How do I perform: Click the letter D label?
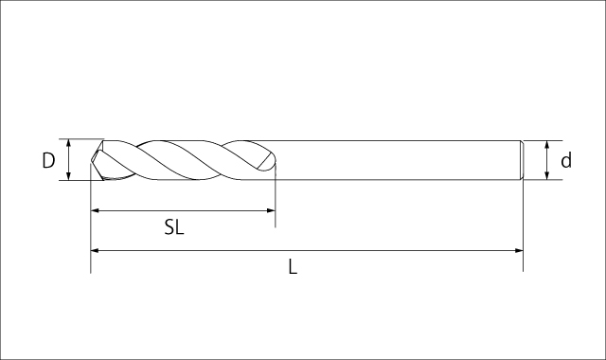pyautogui.click(x=48, y=160)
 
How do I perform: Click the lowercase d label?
pyautogui.click(x=566, y=160)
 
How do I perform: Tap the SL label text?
pyautogui.click(x=174, y=227)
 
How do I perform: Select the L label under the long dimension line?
pyautogui.click(x=293, y=267)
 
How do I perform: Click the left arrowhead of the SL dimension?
pyautogui.click(x=95, y=210)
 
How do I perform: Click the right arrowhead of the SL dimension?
pyautogui.click(x=271, y=210)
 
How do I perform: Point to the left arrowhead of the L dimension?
pyautogui.click(x=95, y=250)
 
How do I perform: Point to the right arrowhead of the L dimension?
pyautogui.click(x=519, y=250)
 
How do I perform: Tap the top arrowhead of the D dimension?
pyautogui.click(x=68, y=143)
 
